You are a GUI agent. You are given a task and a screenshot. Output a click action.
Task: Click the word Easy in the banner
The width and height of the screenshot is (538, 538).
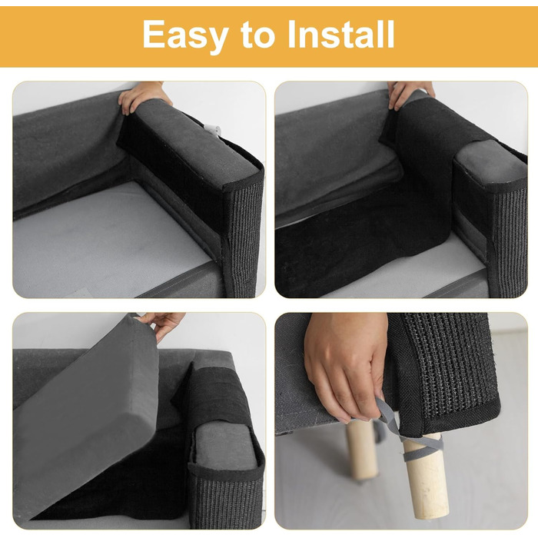[x=185, y=35]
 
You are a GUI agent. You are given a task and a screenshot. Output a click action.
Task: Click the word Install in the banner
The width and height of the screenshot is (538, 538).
[x=341, y=35]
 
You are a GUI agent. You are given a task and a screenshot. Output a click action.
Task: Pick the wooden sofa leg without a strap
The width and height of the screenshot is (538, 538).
[x=362, y=453]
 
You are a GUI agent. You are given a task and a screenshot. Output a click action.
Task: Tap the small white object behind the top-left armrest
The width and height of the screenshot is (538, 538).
[x=213, y=130]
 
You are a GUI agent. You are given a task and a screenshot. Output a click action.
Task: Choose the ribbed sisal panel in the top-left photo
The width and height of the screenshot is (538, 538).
[x=244, y=240]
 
